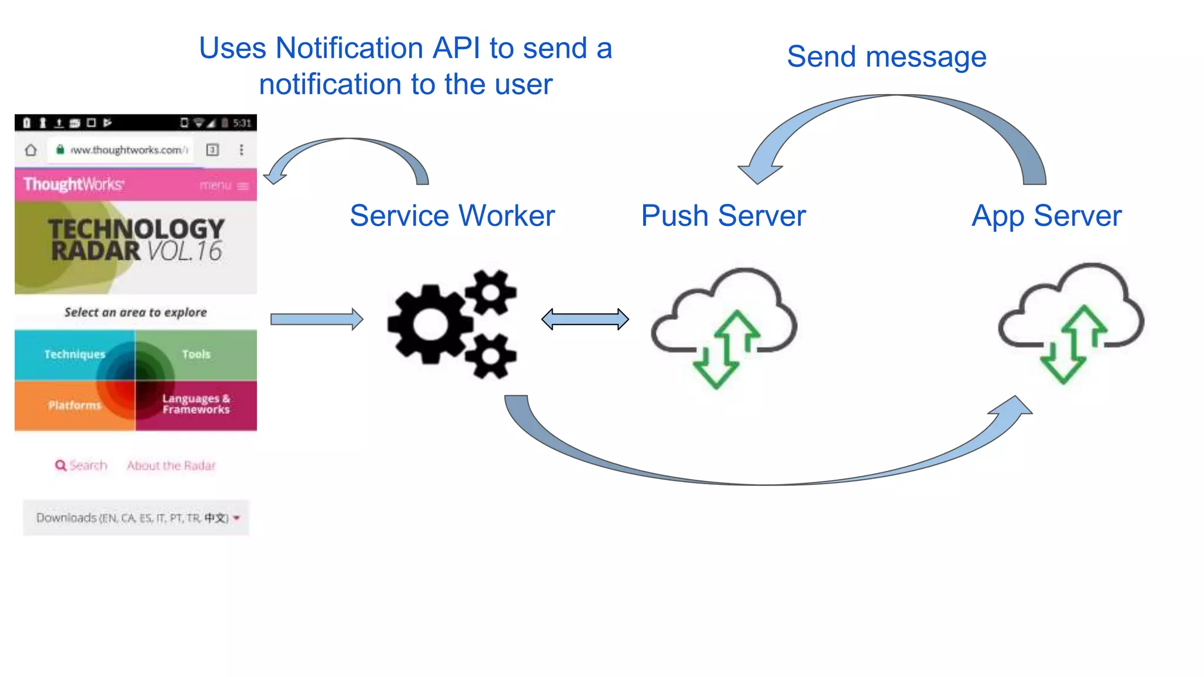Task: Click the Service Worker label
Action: [452, 216]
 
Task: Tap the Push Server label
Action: [723, 216]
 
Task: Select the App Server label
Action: [1046, 216]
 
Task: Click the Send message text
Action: [887, 57]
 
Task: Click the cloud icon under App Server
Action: [1071, 321]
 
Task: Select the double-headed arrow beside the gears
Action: [585, 319]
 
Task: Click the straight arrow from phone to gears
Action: [317, 319]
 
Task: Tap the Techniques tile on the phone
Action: [75, 354]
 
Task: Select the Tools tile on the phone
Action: [196, 354]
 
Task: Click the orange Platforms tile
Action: [75, 405]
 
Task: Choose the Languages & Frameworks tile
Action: [196, 404]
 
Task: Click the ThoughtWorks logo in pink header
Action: [73, 185]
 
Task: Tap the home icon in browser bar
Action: [31, 150]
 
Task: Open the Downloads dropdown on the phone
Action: [136, 518]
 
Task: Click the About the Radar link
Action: [171, 465]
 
